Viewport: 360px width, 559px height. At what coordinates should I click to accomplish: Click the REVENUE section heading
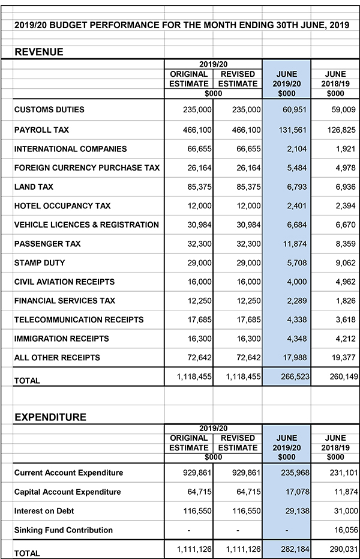point(39,52)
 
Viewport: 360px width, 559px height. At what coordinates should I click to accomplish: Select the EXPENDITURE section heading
point(50,417)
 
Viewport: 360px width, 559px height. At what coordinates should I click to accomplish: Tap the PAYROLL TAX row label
point(41,130)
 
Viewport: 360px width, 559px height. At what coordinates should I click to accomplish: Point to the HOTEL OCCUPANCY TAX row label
point(62,206)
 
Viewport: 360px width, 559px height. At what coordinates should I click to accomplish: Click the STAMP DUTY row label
point(40,263)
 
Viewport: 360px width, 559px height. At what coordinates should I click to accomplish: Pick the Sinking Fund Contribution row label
point(64,530)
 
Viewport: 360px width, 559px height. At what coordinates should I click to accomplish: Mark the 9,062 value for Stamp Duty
point(345,263)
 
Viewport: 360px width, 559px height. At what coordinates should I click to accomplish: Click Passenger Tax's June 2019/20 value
point(297,244)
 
